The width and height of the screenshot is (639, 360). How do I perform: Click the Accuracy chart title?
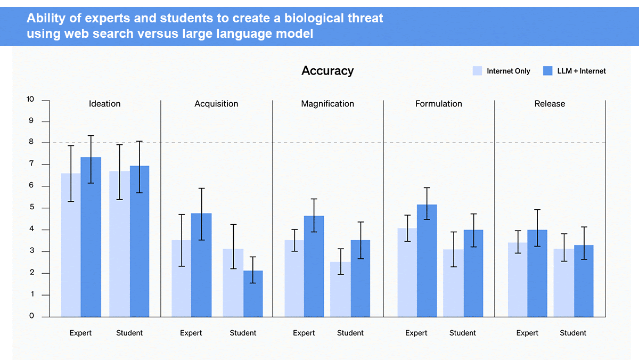pos(327,71)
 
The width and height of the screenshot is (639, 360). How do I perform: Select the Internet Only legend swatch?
pos(477,71)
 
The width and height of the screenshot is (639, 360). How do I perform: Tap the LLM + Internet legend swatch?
pos(547,71)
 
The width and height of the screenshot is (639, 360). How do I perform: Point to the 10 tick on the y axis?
pos(30,100)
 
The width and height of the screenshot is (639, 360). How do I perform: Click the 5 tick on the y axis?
pos(31,208)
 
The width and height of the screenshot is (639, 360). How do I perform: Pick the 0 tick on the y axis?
pos(31,316)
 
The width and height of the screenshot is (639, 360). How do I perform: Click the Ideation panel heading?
pos(104,104)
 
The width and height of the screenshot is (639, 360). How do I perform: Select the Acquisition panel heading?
pos(216,104)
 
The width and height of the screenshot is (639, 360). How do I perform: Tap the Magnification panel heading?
pos(327,104)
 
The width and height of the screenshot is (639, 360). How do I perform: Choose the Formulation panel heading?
pos(439,104)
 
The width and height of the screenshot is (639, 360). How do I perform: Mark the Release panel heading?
pos(550,104)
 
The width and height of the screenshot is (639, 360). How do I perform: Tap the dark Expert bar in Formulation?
pos(427,260)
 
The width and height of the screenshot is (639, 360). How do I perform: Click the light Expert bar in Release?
pos(518,280)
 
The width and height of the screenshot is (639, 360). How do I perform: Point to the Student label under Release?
pos(573,333)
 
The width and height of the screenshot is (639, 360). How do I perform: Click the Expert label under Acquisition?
pos(191,333)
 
